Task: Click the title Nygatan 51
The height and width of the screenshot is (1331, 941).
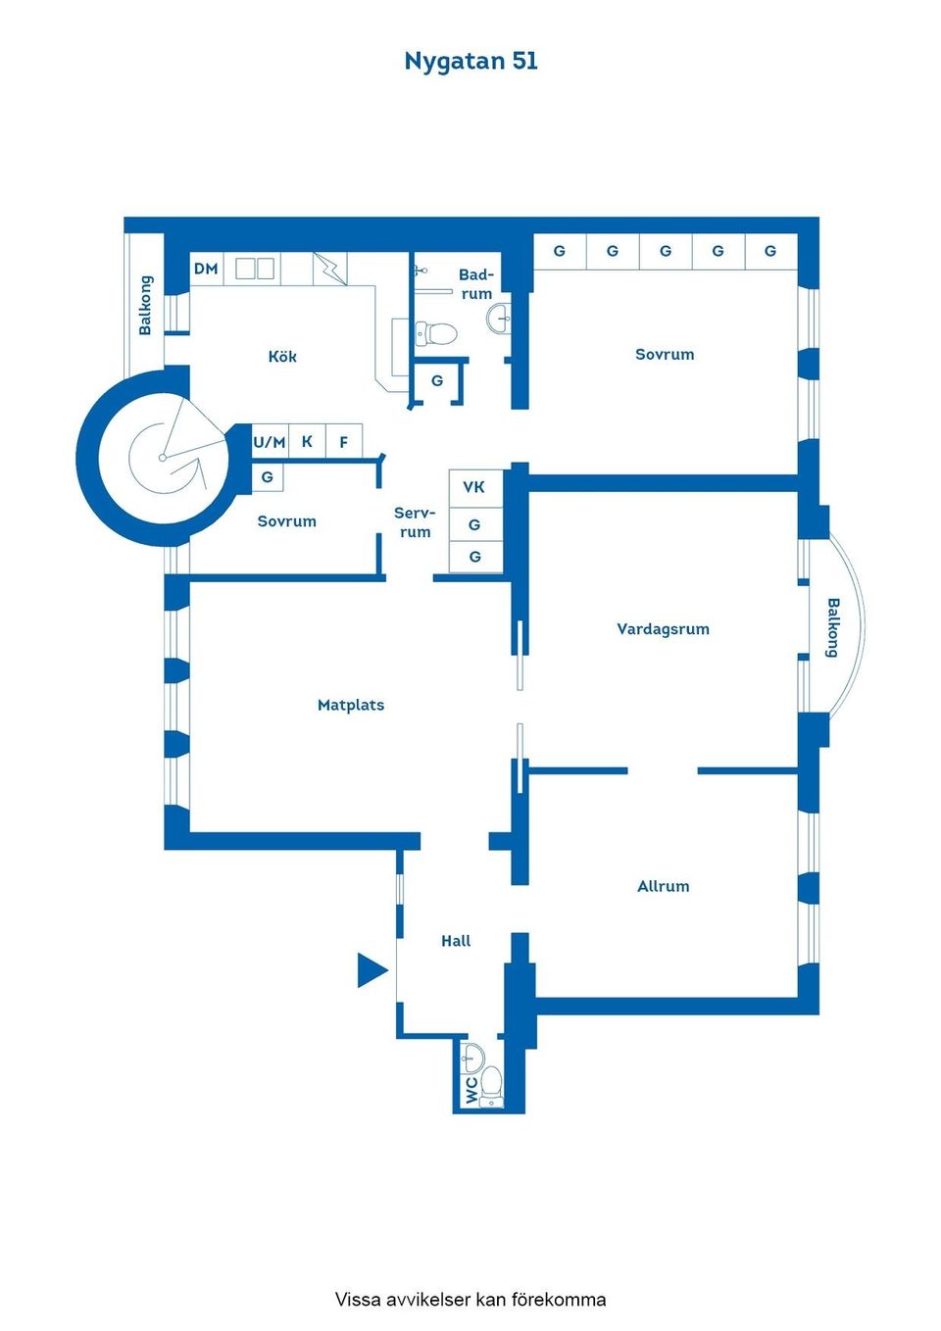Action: (470, 61)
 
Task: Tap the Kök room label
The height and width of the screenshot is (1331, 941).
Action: (282, 357)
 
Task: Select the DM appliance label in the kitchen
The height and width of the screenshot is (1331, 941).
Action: (206, 269)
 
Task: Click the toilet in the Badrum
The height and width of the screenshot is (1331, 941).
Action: (437, 333)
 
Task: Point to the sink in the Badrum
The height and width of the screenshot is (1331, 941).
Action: (500, 318)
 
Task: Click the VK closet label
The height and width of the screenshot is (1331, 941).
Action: (474, 487)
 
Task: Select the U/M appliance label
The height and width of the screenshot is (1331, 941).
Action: (270, 442)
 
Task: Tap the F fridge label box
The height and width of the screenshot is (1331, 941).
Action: (344, 442)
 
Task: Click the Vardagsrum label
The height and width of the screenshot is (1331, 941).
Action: (663, 629)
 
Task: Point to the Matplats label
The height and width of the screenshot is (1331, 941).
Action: (351, 705)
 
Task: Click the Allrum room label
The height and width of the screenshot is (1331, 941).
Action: (664, 886)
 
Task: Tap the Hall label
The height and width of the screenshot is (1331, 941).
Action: (456, 941)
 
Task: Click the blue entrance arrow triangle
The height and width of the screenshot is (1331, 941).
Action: (371, 970)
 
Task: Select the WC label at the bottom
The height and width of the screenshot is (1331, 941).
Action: (471, 1090)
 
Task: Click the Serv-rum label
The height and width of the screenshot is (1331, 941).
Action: (415, 522)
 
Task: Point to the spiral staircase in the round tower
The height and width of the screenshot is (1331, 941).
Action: (165, 458)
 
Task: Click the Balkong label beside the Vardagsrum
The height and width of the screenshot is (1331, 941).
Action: (832, 627)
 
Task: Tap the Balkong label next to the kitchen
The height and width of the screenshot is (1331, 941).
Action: (145, 305)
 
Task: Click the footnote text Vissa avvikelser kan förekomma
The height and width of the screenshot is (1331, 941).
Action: (470, 1300)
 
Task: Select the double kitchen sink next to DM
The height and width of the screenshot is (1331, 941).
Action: (254, 269)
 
